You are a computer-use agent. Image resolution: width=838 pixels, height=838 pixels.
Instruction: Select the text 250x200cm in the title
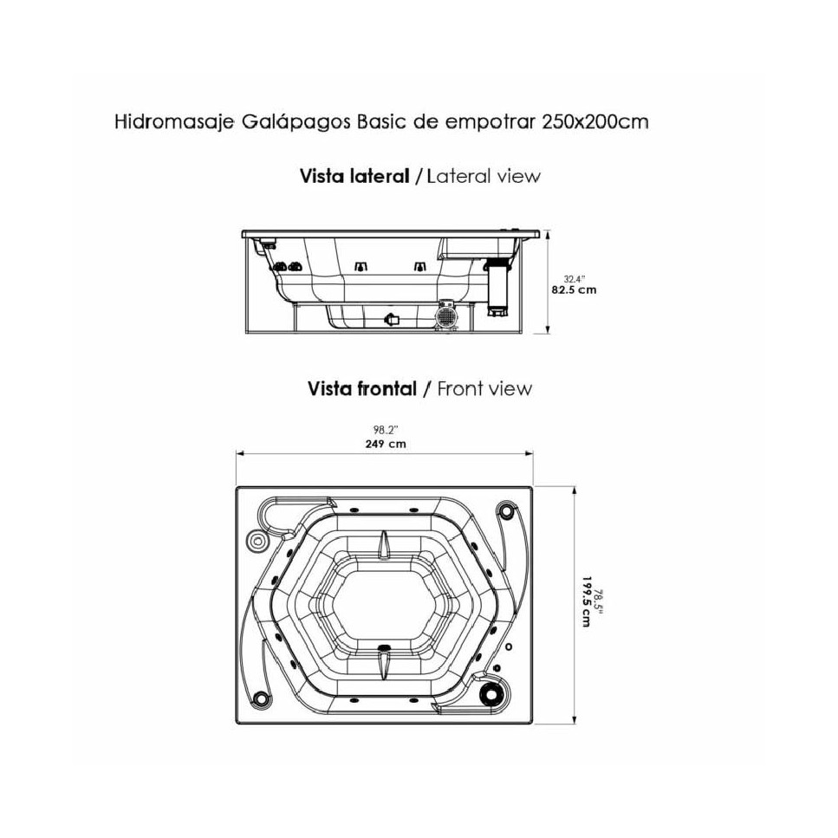point(594,122)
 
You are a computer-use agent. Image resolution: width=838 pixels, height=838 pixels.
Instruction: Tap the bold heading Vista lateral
point(354,176)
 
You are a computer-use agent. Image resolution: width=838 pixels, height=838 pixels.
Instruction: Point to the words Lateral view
point(484,176)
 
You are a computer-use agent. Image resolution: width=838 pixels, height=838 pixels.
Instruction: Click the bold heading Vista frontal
point(362,388)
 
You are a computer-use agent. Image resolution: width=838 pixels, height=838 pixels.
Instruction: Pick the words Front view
point(484,388)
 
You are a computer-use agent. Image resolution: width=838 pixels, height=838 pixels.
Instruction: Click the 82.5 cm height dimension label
point(574,290)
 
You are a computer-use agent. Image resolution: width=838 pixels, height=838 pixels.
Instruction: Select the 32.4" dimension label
point(575,278)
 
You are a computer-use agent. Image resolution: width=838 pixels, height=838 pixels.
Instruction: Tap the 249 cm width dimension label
point(386,444)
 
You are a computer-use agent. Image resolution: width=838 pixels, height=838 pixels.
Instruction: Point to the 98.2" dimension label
point(386,430)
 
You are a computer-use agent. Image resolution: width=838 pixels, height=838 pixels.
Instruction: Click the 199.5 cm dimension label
point(587,601)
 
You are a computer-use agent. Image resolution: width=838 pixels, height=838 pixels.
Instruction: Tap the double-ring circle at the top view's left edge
point(257,542)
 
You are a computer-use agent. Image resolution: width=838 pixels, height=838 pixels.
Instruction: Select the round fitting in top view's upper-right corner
point(504,510)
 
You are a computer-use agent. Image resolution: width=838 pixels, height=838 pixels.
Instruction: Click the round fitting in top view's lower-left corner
point(262,698)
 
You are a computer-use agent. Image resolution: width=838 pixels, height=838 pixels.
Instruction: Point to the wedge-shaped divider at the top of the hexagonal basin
point(384,543)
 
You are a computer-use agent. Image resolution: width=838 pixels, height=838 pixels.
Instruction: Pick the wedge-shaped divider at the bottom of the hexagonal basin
point(384,662)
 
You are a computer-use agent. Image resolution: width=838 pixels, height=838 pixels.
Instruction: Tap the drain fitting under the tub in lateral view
point(392,320)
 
